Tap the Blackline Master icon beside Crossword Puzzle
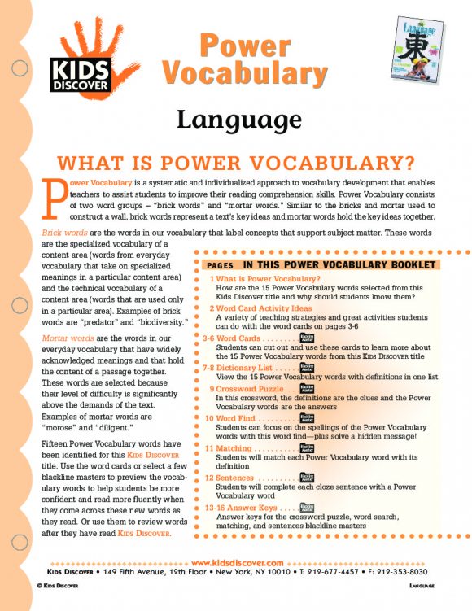pos(306,388)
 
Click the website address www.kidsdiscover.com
pos(236,562)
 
